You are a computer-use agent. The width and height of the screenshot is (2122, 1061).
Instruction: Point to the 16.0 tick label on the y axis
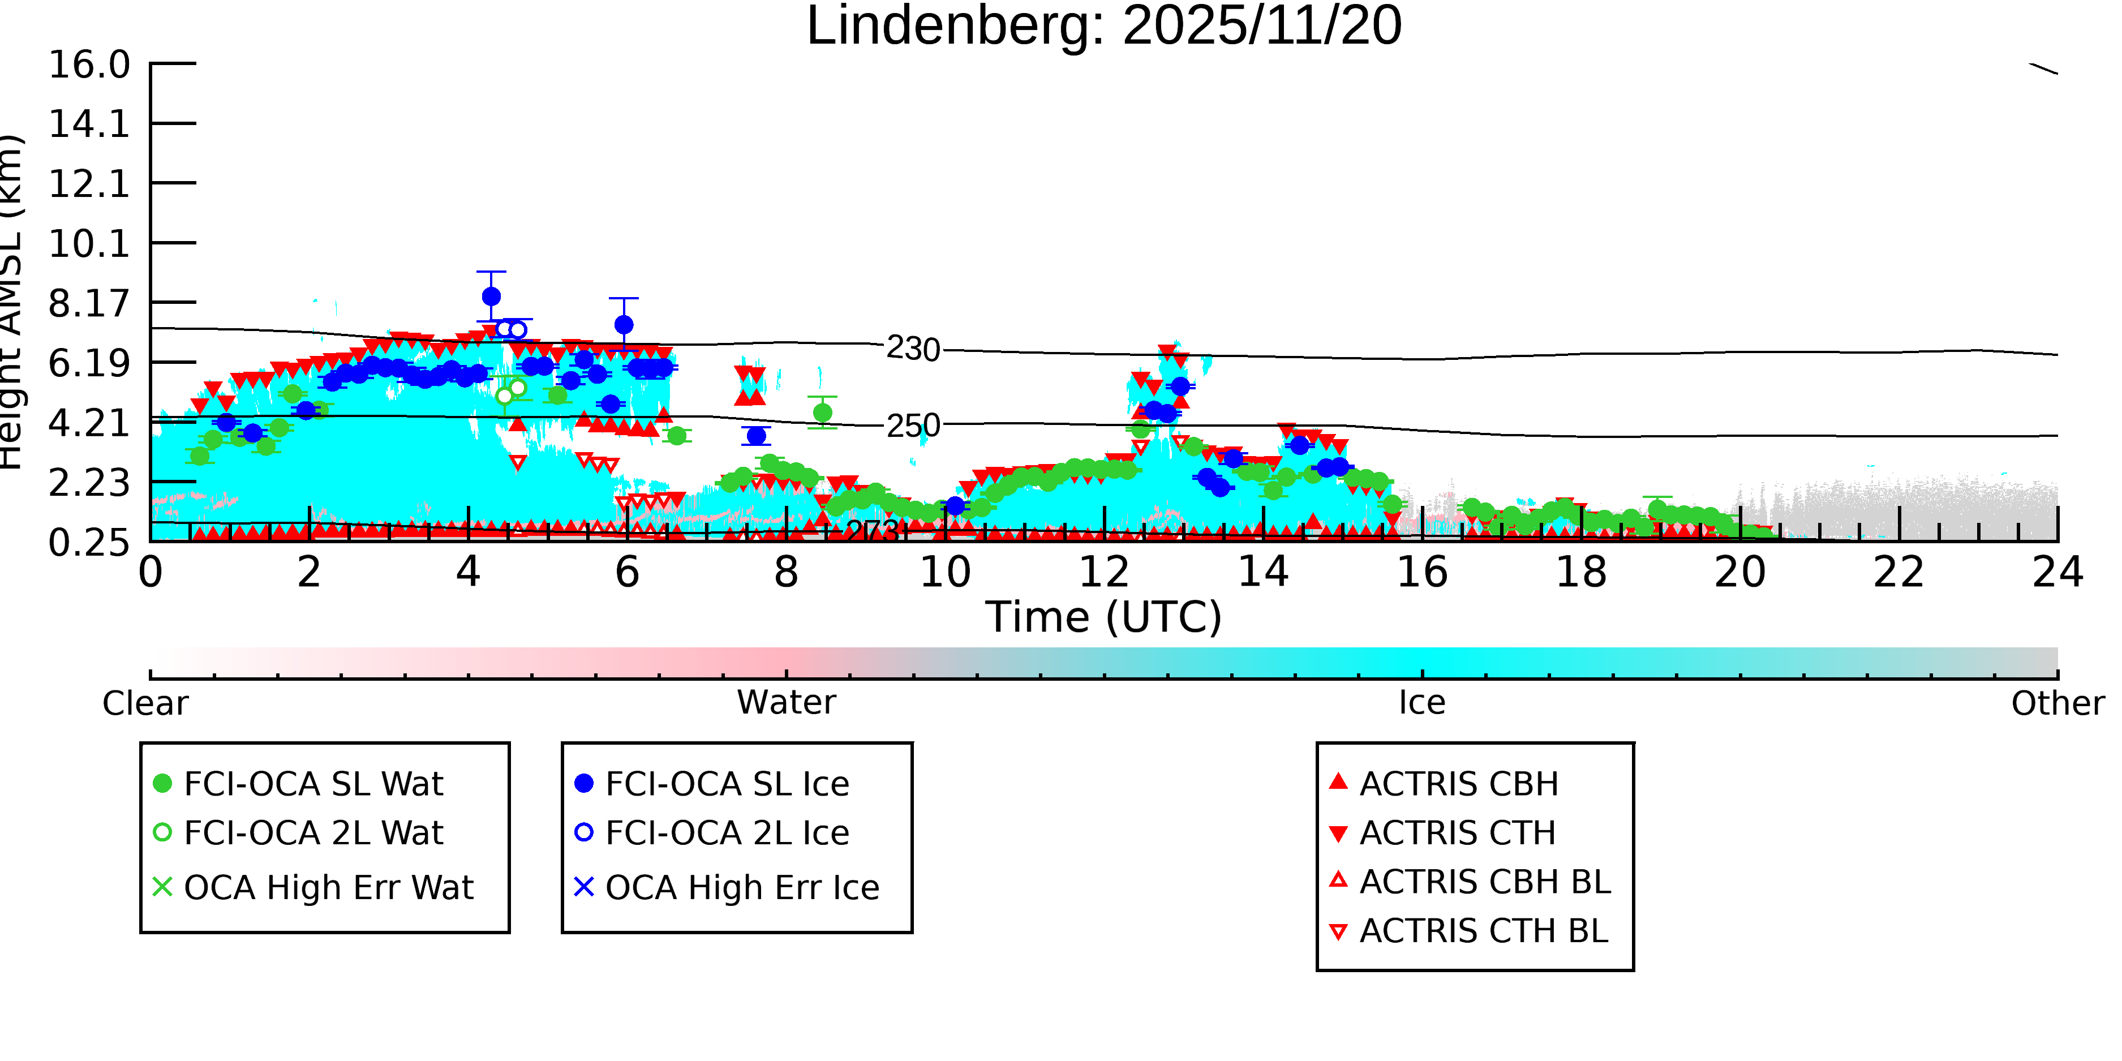[x=89, y=65]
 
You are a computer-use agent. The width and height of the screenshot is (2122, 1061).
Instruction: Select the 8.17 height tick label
[x=89, y=304]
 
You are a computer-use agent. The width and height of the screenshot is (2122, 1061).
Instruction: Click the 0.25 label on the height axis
[x=89, y=543]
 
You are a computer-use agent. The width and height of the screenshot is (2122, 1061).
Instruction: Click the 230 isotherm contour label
[x=913, y=349]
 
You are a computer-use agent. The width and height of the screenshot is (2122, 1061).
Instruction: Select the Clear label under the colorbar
[x=145, y=703]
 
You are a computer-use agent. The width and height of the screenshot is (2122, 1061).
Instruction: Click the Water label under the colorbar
[x=786, y=703]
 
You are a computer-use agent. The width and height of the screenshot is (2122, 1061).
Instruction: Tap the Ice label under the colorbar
[x=1422, y=703]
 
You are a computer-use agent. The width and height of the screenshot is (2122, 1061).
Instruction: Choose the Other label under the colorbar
[x=2057, y=703]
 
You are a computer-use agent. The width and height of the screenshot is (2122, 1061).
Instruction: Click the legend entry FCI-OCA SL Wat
[x=313, y=783]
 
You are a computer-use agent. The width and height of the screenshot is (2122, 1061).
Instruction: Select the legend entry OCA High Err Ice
[x=741, y=888]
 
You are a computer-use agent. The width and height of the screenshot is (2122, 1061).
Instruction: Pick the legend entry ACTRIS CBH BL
[x=1484, y=882]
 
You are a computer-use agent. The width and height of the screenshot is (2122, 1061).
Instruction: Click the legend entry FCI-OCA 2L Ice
[x=727, y=833]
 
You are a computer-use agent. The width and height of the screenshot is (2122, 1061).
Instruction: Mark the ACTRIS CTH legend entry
[x=1457, y=833]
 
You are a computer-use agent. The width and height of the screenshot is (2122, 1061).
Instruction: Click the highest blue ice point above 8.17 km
[x=491, y=297]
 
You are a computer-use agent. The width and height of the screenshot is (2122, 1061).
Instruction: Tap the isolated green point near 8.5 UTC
[x=822, y=413]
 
